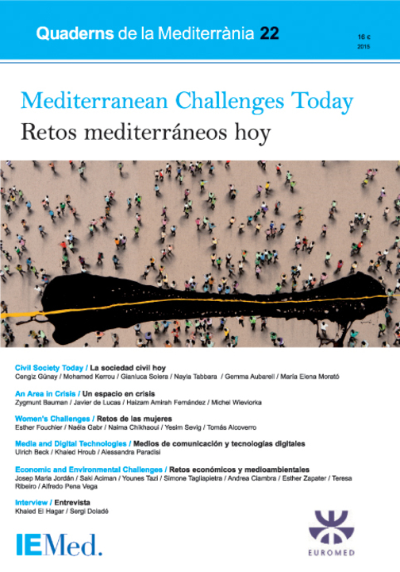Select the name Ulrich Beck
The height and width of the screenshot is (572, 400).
point(32,452)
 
